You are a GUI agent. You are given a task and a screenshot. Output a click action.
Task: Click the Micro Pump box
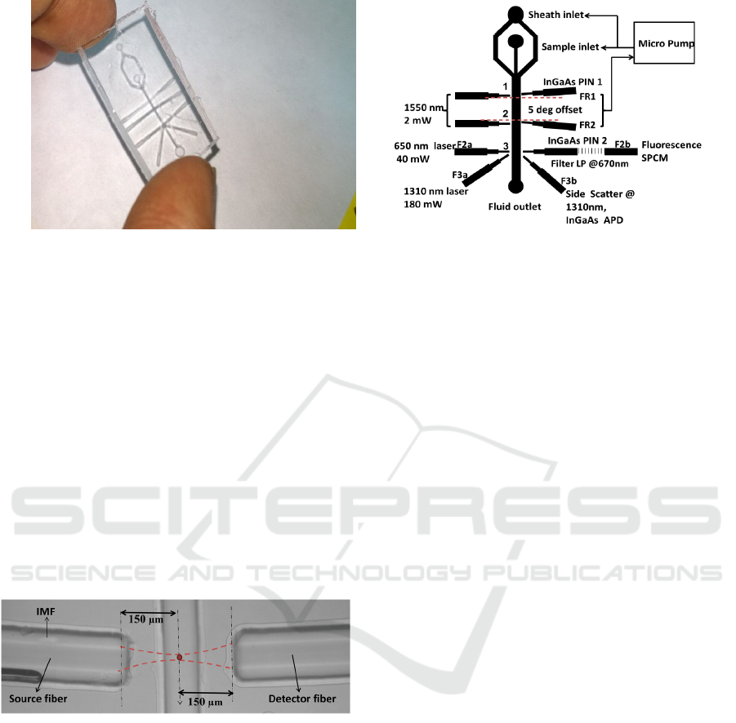pyautogui.click(x=664, y=42)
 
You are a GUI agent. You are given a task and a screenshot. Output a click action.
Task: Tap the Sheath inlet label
pyautogui.click(x=555, y=15)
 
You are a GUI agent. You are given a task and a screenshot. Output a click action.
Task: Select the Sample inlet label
pyautogui.click(x=570, y=47)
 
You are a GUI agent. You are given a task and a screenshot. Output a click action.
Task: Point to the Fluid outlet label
pyautogui.click(x=515, y=206)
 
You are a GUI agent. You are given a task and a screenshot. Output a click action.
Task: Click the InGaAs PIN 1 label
pyautogui.click(x=572, y=82)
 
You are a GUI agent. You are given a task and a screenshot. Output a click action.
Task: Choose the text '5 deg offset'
pyautogui.click(x=555, y=109)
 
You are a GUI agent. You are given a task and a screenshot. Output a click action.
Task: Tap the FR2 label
pyautogui.click(x=587, y=125)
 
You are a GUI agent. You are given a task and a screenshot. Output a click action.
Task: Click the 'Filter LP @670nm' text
pyautogui.click(x=589, y=164)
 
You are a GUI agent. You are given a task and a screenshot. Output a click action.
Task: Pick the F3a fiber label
pyautogui.click(x=460, y=175)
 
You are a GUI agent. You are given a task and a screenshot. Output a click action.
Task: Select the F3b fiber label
pyautogui.click(x=569, y=181)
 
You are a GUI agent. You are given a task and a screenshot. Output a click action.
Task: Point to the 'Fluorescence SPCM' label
pyautogui.click(x=671, y=152)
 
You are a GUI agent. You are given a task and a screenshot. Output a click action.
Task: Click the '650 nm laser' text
pyautogui.click(x=425, y=146)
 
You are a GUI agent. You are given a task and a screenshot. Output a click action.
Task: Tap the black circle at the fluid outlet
pyautogui.click(x=515, y=187)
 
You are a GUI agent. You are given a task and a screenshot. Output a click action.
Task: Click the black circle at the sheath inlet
pyautogui.click(x=515, y=15)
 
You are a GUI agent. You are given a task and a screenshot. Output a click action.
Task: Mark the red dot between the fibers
pyautogui.click(x=180, y=658)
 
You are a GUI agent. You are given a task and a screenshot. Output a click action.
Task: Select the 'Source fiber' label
pyautogui.click(x=38, y=699)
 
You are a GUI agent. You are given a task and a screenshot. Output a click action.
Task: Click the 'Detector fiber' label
pyautogui.click(x=301, y=699)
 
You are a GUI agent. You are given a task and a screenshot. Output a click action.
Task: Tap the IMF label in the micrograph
pyautogui.click(x=46, y=611)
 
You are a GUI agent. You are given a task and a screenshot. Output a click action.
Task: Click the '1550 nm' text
pyautogui.click(x=423, y=108)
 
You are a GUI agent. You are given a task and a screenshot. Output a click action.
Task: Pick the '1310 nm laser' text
pyautogui.click(x=435, y=191)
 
